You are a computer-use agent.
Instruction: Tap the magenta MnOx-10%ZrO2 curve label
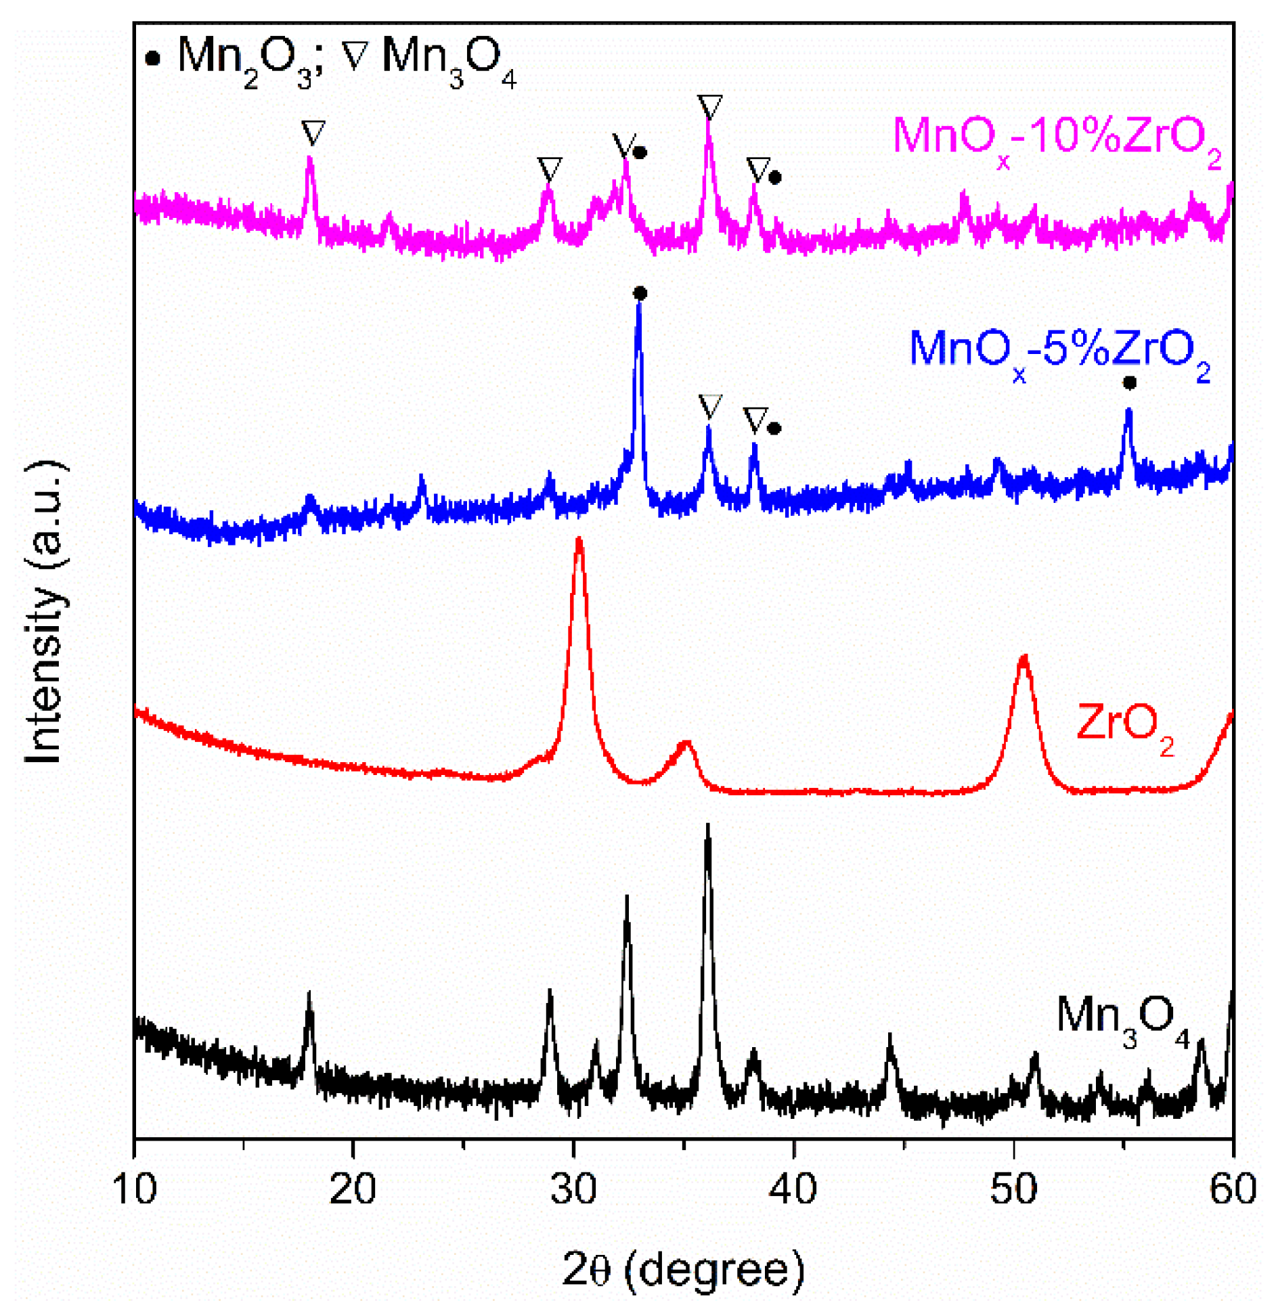point(1056,139)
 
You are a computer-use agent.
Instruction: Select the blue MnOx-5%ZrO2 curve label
point(1059,352)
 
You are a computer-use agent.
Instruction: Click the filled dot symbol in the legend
point(153,59)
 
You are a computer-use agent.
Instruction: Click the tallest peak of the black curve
point(708,827)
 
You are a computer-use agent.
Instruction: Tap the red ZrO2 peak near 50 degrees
point(1024,658)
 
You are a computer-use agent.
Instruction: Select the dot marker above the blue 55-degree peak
point(1129,383)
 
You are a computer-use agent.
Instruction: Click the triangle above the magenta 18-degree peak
point(313,131)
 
